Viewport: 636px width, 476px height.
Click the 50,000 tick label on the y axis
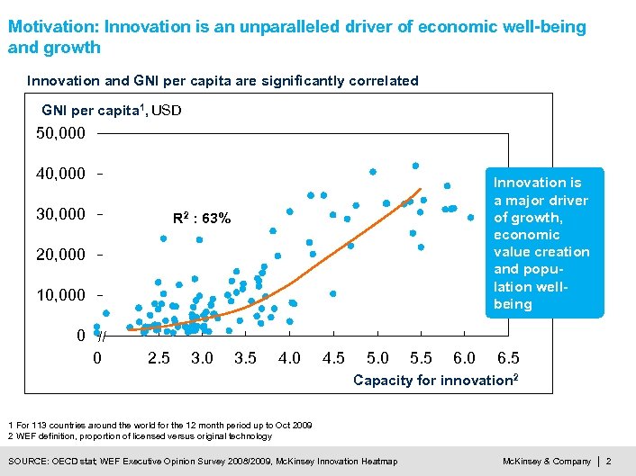60,134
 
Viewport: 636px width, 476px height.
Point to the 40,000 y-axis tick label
60,173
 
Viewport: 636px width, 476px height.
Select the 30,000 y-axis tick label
60,214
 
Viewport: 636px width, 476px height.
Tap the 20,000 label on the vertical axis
60,255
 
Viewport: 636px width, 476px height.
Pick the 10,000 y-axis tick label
60,295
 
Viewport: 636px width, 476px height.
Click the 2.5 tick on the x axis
159,358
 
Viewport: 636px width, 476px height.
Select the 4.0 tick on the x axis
289,358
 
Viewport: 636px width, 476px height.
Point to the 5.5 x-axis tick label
421,358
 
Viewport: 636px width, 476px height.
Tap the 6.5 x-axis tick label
508,358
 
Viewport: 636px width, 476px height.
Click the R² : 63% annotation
201,218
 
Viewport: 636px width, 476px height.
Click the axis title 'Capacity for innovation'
435,381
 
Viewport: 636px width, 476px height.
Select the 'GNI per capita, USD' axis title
112,111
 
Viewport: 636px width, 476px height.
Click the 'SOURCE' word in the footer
28,462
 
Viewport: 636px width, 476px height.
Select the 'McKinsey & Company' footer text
546,462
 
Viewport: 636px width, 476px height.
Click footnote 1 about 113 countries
159,424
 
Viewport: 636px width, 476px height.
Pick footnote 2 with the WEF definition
139,436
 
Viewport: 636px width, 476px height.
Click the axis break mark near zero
102,336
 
